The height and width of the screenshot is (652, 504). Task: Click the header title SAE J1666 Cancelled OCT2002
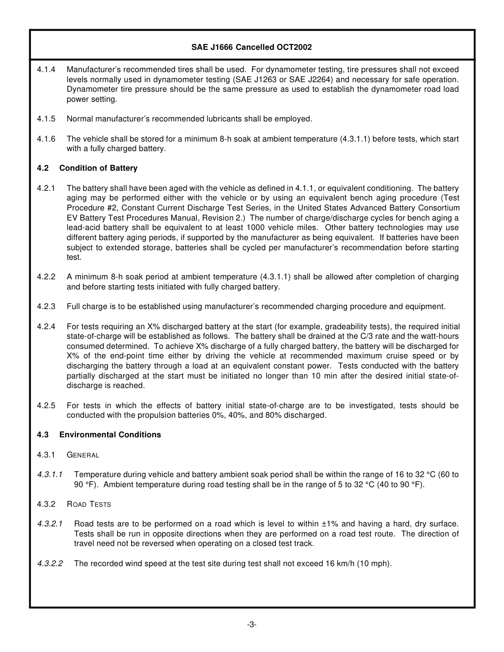click(251, 47)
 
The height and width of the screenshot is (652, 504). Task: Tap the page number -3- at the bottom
click(251, 624)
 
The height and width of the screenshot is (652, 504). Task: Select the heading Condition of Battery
click(98, 168)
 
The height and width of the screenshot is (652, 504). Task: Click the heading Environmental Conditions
click(110, 435)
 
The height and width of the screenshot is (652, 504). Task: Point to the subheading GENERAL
click(83, 455)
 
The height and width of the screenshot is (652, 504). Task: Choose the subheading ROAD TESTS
click(89, 504)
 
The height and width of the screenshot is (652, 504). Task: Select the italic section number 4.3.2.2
click(50, 563)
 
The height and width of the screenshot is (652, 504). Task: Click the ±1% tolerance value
click(331, 524)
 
